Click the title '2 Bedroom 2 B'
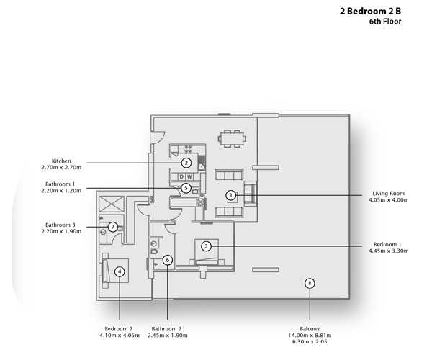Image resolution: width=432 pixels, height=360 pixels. coord(370,12)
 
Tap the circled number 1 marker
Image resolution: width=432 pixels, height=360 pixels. coord(230,194)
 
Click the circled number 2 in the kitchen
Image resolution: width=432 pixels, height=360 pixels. coord(186,163)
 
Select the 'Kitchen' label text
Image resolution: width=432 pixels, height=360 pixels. coord(61,161)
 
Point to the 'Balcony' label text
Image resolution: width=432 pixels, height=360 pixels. coord(310,328)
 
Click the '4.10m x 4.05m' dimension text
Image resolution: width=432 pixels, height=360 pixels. coord(120,335)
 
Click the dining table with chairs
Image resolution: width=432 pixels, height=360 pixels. coord(231,137)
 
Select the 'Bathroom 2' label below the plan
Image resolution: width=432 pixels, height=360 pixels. coord(167,328)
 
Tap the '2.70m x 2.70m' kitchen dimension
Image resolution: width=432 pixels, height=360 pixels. coord(61,167)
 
